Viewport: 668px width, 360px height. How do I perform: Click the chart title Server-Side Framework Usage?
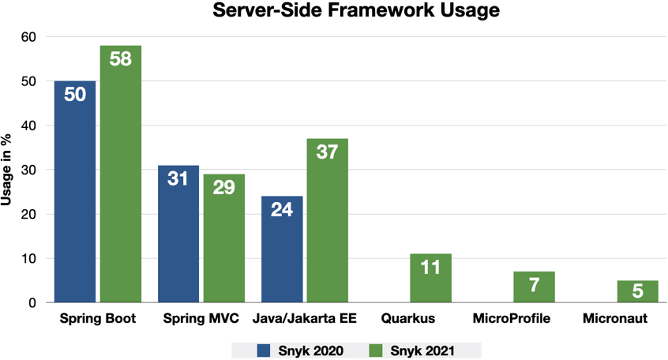(x=356, y=12)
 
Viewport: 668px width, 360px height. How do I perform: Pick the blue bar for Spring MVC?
(x=178, y=234)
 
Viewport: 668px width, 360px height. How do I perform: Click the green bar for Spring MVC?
(x=224, y=238)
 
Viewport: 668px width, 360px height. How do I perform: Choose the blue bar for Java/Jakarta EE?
(x=282, y=249)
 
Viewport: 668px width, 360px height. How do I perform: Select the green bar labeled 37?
(x=328, y=220)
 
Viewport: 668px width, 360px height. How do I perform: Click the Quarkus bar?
(x=430, y=278)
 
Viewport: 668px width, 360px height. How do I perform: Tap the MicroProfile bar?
(x=534, y=287)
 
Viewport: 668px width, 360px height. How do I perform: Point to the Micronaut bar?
(x=637, y=291)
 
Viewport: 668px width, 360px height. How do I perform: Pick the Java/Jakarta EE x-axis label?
(x=305, y=320)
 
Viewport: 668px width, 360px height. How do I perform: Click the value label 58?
(x=121, y=59)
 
